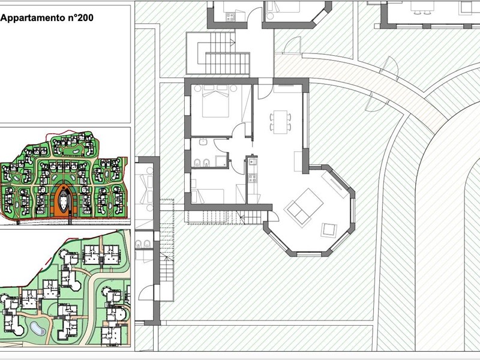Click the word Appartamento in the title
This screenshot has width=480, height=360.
[33, 18]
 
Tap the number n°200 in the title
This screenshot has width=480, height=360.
[80, 17]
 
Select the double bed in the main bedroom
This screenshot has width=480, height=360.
[215, 101]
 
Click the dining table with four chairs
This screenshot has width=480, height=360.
[280, 122]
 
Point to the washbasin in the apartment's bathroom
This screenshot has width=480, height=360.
[202, 142]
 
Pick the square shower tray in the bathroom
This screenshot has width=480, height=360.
[221, 161]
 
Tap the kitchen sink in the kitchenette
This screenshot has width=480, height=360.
[252, 161]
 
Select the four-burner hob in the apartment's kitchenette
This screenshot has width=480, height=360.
[253, 178]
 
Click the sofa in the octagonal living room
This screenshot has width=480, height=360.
[304, 207]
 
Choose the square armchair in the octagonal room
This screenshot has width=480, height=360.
[329, 230]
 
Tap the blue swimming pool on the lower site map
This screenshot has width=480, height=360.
[38, 329]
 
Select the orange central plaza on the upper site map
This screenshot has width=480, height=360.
[64, 201]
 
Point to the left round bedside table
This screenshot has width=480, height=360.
[197, 88]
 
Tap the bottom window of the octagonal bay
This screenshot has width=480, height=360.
[308, 254]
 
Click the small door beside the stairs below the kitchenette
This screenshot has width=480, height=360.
[273, 216]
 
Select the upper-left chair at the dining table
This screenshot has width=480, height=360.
[272, 117]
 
